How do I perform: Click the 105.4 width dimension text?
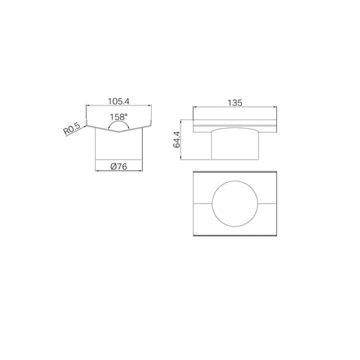(x=119, y=101)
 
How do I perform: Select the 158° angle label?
(x=119, y=117)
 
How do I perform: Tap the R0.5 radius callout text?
(x=72, y=129)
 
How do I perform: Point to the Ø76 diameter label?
(x=119, y=167)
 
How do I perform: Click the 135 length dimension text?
(x=235, y=103)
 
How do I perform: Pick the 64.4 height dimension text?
(x=176, y=140)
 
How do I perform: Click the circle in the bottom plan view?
(x=235, y=181)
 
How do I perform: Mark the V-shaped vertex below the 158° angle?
(x=119, y=131)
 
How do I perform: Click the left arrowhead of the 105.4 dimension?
(x=88, y=105)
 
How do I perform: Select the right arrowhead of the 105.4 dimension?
(x=150, y=105)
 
